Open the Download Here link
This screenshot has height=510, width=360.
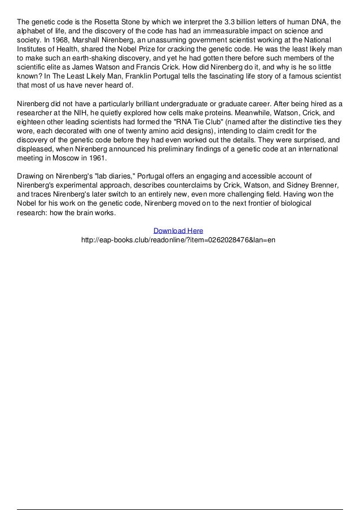pos(178,230)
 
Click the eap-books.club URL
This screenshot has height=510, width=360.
pos(178,239)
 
